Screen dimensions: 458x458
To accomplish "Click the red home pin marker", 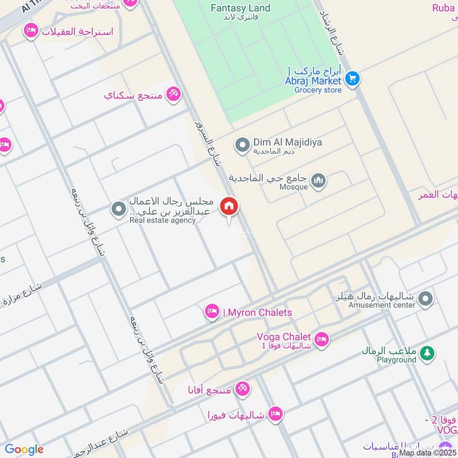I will (229, 206).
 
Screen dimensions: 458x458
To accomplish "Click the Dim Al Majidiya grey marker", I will (243, 144).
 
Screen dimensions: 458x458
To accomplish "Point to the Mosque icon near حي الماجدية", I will (319, 182).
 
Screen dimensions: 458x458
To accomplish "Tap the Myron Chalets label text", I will (257, 313).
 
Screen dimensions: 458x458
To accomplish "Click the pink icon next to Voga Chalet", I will (322, 339).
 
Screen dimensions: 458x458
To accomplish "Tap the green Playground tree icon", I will (426, 354).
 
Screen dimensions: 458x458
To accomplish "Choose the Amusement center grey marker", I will (425, 298).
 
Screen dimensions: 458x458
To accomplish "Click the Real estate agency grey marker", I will (119, 209).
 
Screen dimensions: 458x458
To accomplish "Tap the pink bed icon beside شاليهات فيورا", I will (276, 414).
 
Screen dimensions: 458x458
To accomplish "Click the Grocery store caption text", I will (318, 90).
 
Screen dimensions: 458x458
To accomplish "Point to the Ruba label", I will (444, 8).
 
